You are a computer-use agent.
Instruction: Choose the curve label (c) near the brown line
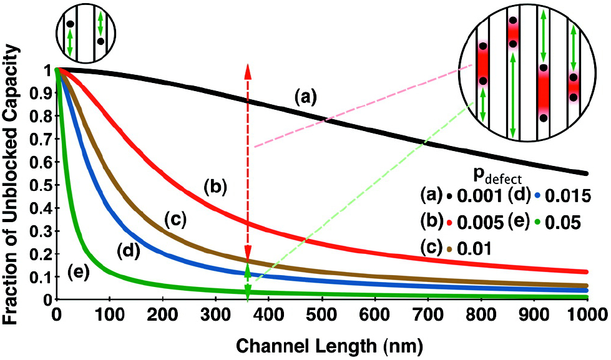(x=177, y=219)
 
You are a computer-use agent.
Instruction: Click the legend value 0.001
(x=477, y=195)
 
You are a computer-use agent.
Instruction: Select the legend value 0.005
(x=477, y=222)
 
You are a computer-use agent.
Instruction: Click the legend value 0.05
(x=562, y=222)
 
